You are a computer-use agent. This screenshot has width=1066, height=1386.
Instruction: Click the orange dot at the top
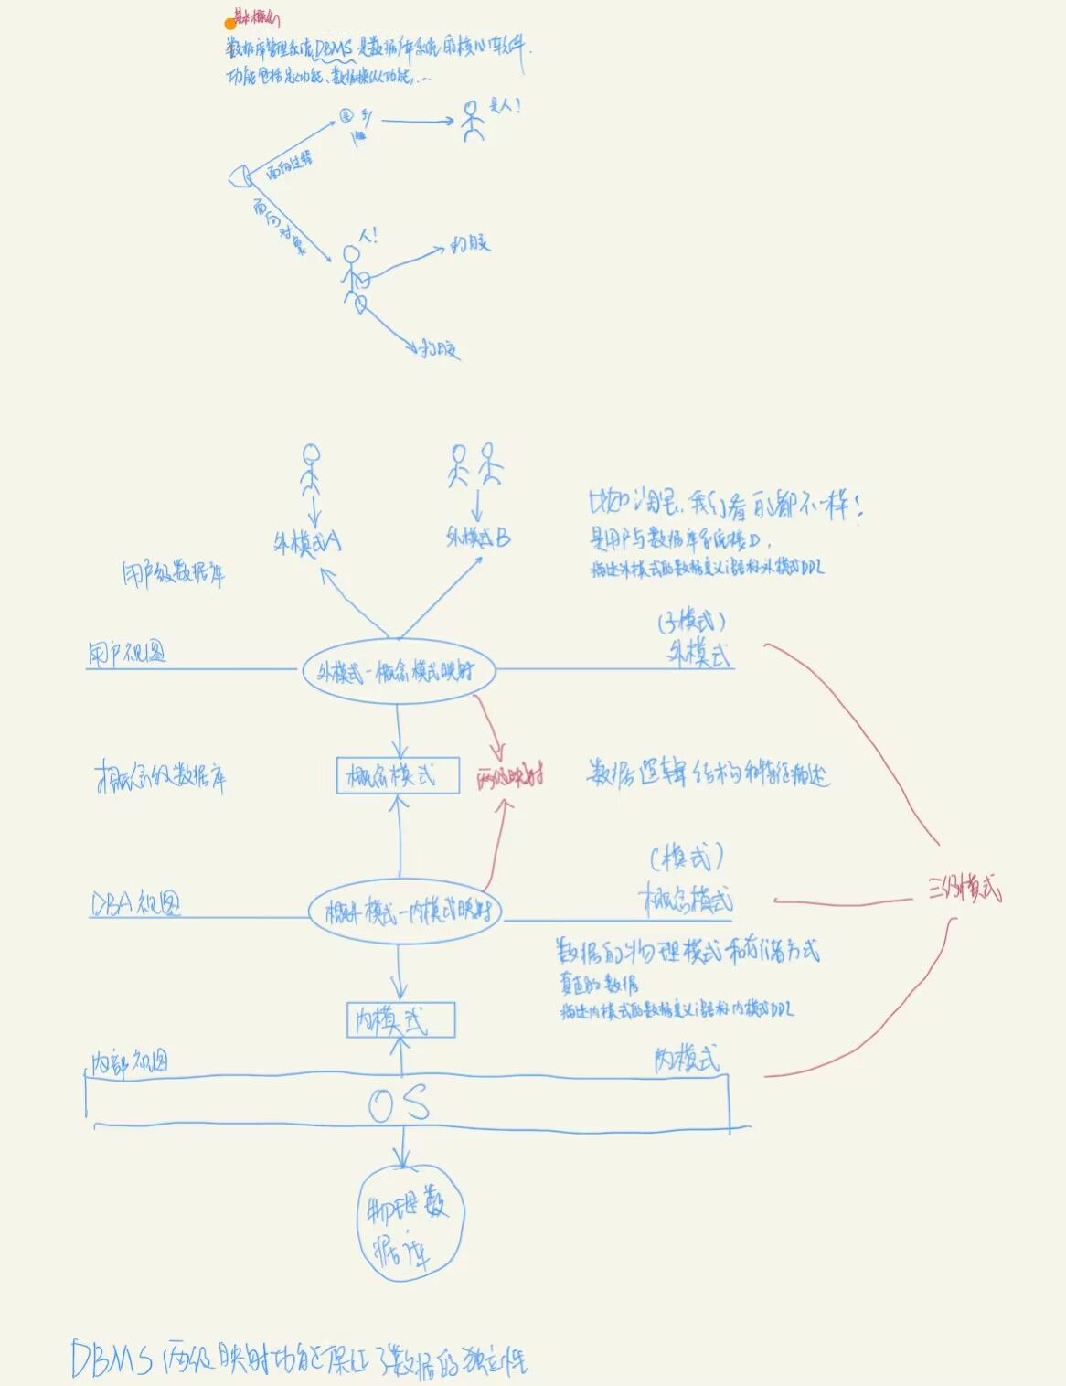click(x=230, y=24)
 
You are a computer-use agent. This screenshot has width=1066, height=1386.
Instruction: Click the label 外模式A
click(x=307, y=543)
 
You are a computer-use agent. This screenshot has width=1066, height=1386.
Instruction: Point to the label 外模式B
click(x=478, y=537)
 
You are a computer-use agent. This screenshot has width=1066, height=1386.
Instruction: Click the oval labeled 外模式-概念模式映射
click(x=399, y=672)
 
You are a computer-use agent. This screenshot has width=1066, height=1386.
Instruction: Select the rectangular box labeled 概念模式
click(x=398, y=776)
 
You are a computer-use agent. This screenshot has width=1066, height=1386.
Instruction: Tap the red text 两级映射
click(x=510, y=779)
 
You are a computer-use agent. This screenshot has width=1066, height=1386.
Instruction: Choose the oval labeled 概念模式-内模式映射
click(x=405, y=912)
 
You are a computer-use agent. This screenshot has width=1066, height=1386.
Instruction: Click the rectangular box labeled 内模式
click(x=400, y=1019)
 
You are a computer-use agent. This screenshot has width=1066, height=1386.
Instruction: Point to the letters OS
click(x=399, y=1104)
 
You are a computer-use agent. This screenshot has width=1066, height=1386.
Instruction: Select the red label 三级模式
click(x=965, y=889)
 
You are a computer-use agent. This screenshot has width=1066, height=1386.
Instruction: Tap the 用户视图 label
click(x=127, y=654)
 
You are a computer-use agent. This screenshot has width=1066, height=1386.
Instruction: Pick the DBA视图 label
click(x=135, y=903)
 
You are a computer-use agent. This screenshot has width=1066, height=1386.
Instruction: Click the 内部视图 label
click(x=129, y=1062)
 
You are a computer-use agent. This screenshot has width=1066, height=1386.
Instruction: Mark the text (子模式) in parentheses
click(x=692, y=623)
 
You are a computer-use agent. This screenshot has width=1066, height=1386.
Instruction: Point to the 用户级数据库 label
click(x=173, y=574)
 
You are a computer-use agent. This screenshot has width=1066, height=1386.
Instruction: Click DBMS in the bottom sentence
click(x=112, y=1359)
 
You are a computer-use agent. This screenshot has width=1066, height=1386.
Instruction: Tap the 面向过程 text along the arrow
click(x=290, y=164)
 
